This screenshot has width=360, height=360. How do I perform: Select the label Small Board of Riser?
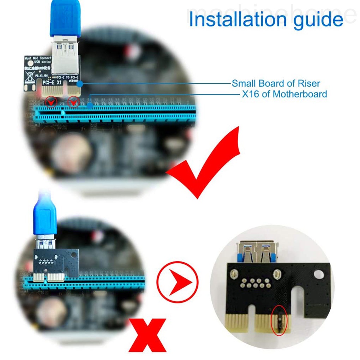pos(276,84)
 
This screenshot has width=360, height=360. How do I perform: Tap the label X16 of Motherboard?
pos(284,94)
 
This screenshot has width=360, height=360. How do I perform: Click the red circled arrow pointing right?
pos(178,282)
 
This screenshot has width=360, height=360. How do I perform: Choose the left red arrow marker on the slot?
pos(52,102)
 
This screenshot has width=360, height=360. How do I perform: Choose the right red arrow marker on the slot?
pos(73,102)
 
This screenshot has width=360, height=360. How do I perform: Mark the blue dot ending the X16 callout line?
pos(90,105)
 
